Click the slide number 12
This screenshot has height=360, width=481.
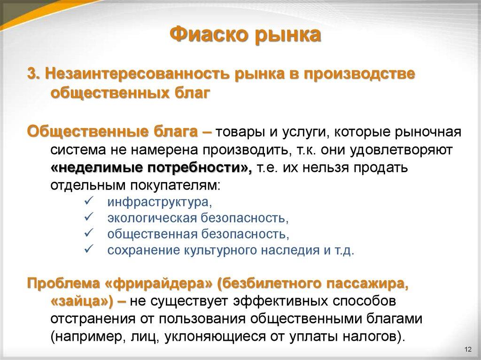tap(467, 350)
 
